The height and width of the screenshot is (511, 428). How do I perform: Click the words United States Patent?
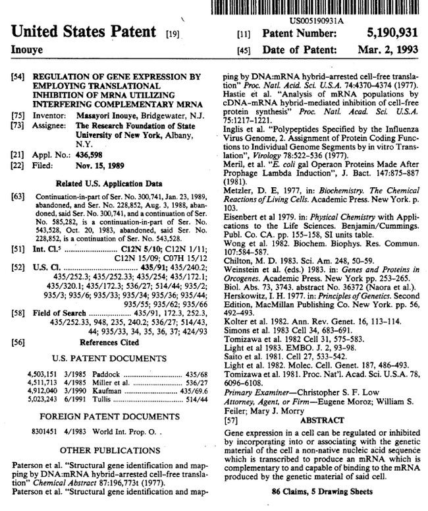tap(82, 31)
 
